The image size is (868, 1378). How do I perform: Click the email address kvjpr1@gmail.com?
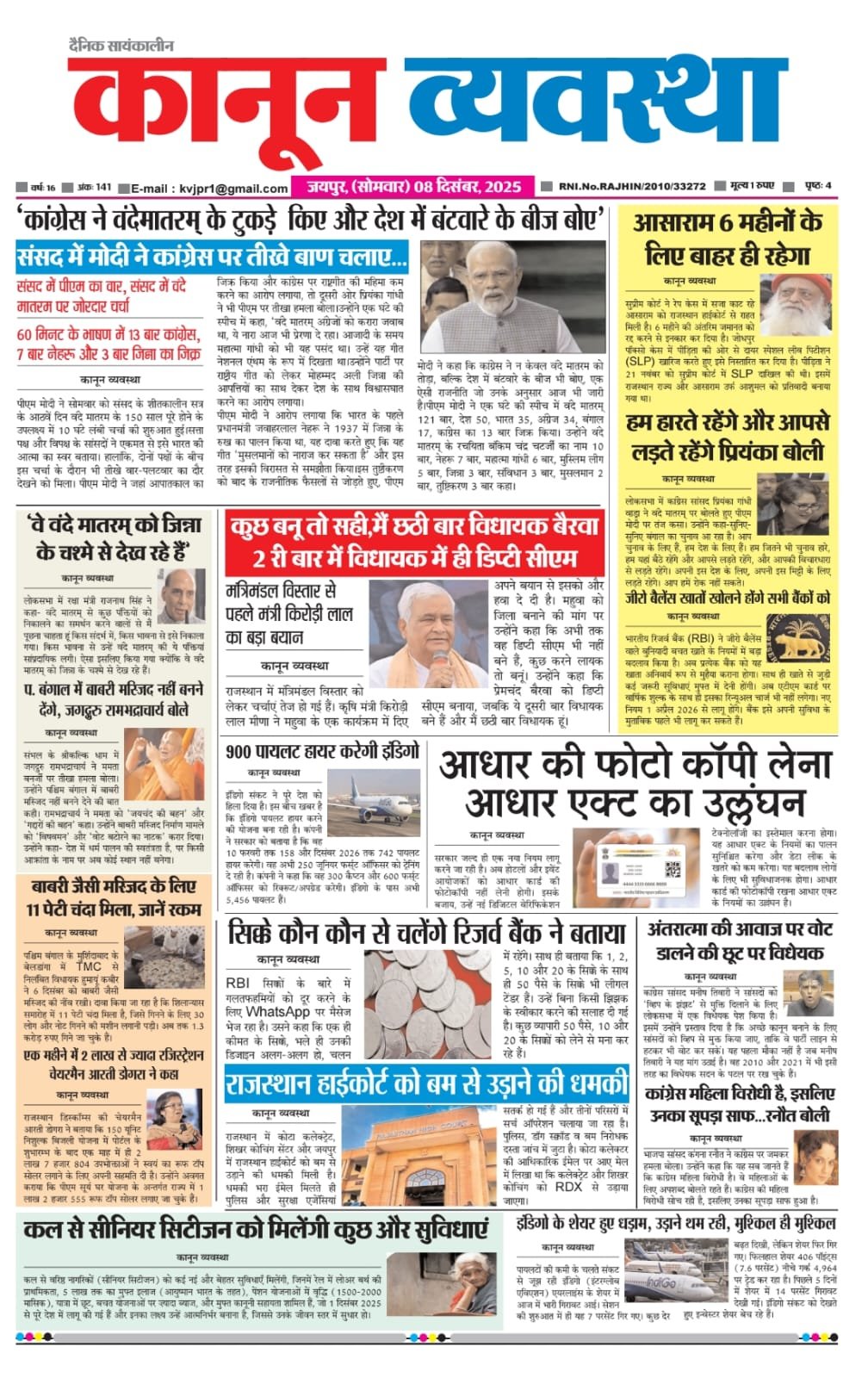233,188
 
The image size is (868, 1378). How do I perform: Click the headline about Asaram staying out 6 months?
728,239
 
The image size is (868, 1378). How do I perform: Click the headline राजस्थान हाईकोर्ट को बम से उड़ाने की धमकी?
427,1083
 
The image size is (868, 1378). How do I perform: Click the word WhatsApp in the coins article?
278,1013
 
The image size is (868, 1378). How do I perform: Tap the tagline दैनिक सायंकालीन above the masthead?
121,46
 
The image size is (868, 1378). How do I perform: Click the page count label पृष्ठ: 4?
817,186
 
